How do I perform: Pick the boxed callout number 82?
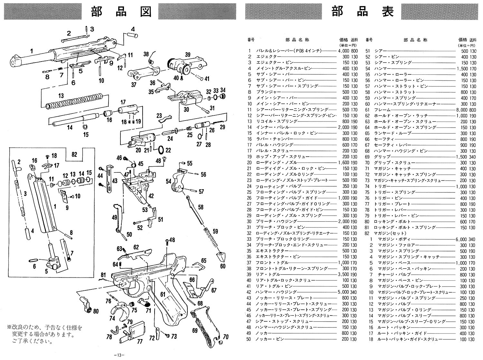74,154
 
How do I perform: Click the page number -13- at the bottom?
119,355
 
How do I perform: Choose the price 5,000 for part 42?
344,292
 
